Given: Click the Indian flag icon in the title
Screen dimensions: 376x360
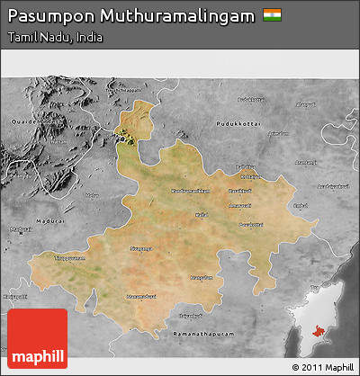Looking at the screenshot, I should click(x=271, y=15).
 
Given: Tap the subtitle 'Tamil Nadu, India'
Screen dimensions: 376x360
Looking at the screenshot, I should click(x=54, y=38).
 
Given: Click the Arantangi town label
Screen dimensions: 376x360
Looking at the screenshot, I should click(x=307, y=162).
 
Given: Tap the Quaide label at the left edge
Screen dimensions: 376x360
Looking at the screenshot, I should click(x=20, y=124).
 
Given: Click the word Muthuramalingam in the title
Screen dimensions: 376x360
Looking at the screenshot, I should click(x=174, y=16).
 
